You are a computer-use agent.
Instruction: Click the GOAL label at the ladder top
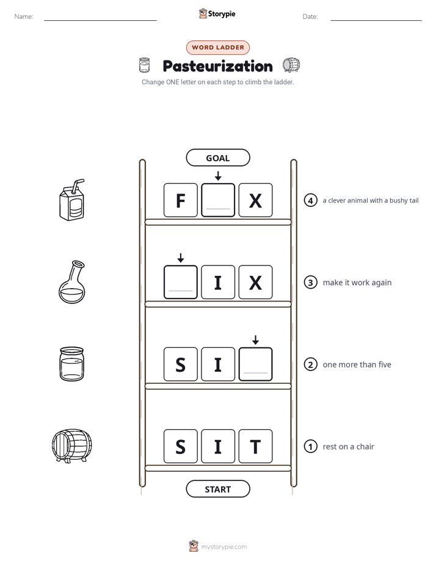click(217, 157)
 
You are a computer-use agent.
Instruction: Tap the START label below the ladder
click(217, 489)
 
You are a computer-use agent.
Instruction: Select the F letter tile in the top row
click(181, 200)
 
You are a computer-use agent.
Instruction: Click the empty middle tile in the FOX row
click(218, 200)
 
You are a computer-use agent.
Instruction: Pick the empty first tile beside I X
click(181, 282)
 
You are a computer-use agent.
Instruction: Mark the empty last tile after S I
click(255, 364)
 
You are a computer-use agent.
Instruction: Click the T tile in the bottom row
click(255, 446)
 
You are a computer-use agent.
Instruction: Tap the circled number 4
click(310, 200)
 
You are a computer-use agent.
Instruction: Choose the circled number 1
click(310, 446)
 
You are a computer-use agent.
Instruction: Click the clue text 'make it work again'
click(357, 283)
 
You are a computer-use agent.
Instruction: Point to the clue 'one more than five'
click(357, 365)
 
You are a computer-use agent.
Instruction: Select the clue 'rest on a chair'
click(348, 447)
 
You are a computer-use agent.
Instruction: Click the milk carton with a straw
click(72, 200)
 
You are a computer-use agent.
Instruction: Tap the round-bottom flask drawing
click(72, 282)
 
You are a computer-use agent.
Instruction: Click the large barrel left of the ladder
click(71, 446)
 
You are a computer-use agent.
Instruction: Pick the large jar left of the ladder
click(71, 364)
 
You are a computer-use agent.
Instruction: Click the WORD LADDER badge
click(217, 48)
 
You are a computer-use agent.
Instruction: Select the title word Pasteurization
click(217, 66)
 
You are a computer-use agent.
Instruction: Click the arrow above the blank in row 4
click(218, 176)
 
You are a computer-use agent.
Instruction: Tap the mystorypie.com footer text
click(223, 547)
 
